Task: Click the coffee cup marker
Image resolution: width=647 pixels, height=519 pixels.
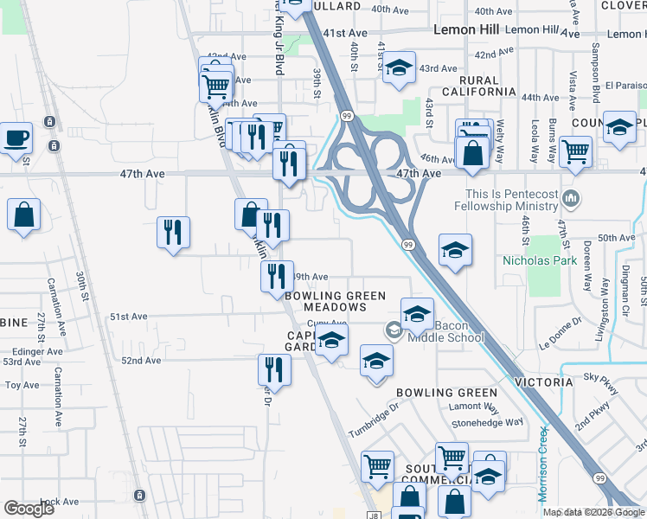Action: pos(16,138)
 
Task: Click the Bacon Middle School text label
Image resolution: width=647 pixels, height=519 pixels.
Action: pos(459,331)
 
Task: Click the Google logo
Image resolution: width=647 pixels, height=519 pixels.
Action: pos(29,509)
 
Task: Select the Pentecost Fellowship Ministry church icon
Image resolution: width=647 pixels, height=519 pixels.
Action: pos(570,199)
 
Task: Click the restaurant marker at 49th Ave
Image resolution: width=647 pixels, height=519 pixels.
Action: pos(276,276)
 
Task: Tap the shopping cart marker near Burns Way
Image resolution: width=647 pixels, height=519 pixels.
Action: pos(574,151)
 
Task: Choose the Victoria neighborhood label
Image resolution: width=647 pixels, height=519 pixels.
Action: pos(543,381)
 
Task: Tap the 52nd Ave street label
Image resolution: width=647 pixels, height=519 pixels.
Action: pos(142,360)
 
